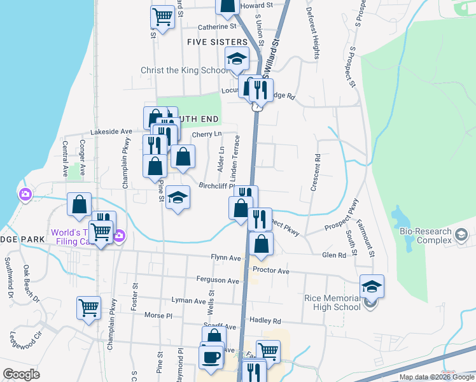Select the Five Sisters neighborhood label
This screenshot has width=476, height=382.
[x=217, y=42]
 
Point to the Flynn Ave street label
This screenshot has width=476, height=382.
[x=226, y=258]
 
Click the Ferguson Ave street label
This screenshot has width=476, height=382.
[x=218, y=280]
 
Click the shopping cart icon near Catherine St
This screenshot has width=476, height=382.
[x=163, y=17]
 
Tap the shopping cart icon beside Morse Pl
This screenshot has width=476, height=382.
[x=88, y=308]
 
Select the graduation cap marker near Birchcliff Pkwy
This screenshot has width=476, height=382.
[x=178, y=197]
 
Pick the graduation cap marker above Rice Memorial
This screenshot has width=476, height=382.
[x=372, y=286]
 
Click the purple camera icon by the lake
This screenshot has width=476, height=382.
[x=25, y=194]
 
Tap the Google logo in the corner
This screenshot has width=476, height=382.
[x=20, y=374]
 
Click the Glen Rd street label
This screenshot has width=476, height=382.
[x=334, y=255]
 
